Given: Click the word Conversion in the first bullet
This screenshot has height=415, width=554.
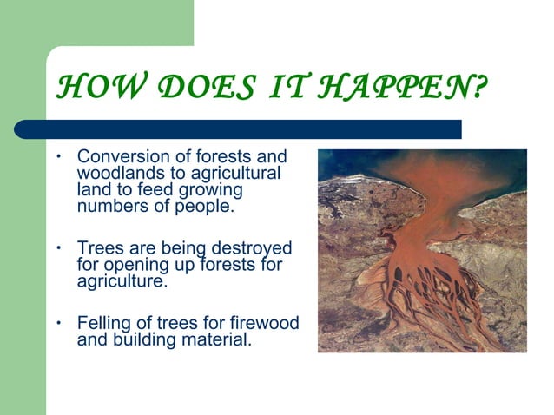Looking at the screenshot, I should (x=120, y=157).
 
